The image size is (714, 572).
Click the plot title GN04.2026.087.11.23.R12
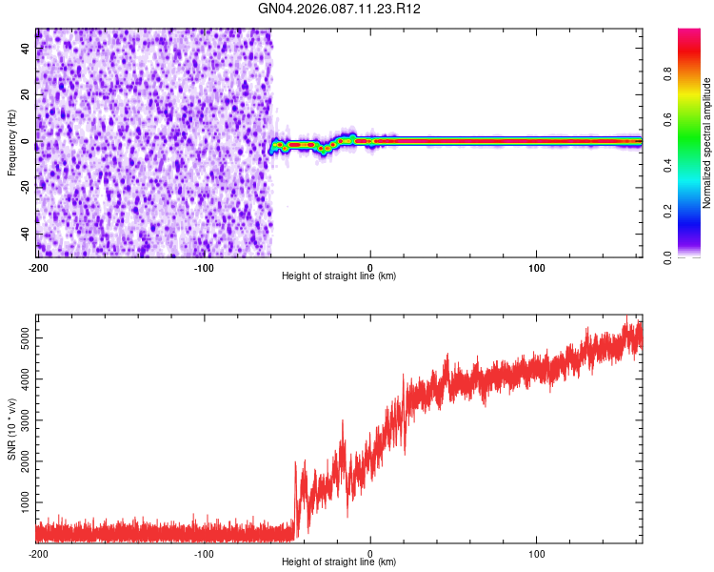pyautogui.click(x=340, y=9)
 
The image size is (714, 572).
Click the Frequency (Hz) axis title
pyautogui.click(x=11, y=142)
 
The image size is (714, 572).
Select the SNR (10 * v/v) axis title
pyautogui.click(x=11, y=428)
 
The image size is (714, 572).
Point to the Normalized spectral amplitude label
pyautogui.click(x=707, y=143)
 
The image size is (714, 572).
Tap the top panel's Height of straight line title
pyautogui.click(x=339, y=276)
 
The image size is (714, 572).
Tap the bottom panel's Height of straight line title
pyautogui.click(x=339, y=562)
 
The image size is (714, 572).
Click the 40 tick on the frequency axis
pyautogui.click(x=27, y=50)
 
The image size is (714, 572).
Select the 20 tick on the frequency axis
pyautogui.click(x=27, y=95)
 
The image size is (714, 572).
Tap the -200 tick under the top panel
pyautogui.click(x=37, y=266)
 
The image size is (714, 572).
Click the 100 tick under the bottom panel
pyautogui.click(x=537, y=552)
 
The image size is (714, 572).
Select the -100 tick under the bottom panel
pyautogui.click(x=204, y=552)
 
